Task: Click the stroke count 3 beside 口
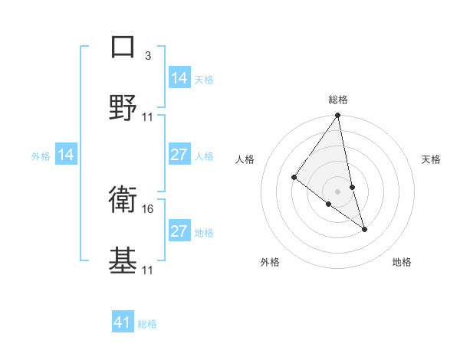click(x=148, y=56)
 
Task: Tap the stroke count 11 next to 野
click(x=148, y=117)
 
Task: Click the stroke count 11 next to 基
click(x=148, y=270)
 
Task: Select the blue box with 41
click(x=123, y=322)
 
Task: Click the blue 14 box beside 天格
click(x=179, y=78)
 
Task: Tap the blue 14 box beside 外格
click(x=66, y=155)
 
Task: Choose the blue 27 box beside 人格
click(x=179, y=155)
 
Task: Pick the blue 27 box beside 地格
click(x=179, y=231)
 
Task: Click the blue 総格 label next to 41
click(x=147, y=324)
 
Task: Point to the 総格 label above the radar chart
click(x=338, y=100)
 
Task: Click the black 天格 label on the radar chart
click(x=432, y=159)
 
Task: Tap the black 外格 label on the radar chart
click(x=270, y=262)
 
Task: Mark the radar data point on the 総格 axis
click(x=338, y=116)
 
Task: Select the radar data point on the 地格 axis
click(x=364, y=228)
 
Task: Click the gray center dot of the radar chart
click(x=338, y=191)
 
